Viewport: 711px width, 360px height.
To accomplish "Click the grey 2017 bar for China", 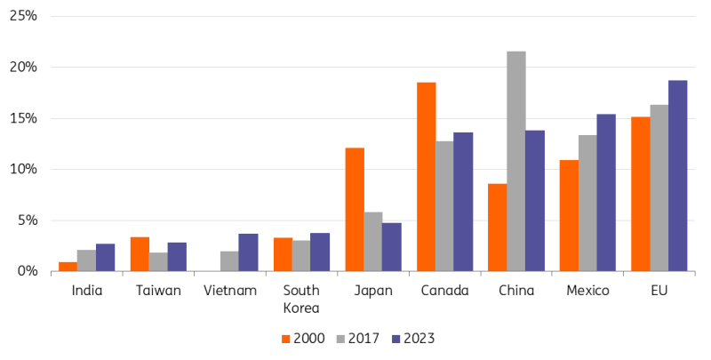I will (515, 161).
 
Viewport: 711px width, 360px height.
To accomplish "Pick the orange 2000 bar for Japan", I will (355, 209).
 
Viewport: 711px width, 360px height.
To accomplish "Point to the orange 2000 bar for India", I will (68, 266).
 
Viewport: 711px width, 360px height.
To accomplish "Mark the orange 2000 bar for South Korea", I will (283, 254).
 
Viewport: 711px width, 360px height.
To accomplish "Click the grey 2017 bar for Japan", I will (372, 241).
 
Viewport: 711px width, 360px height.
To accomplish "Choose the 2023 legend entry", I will (411, 338).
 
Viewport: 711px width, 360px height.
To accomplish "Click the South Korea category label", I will (300, 298).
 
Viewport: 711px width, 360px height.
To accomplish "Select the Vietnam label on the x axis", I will (230, 290).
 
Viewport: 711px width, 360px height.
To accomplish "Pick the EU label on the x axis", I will (659, 290).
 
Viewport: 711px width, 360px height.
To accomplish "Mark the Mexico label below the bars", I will (587, 290).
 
